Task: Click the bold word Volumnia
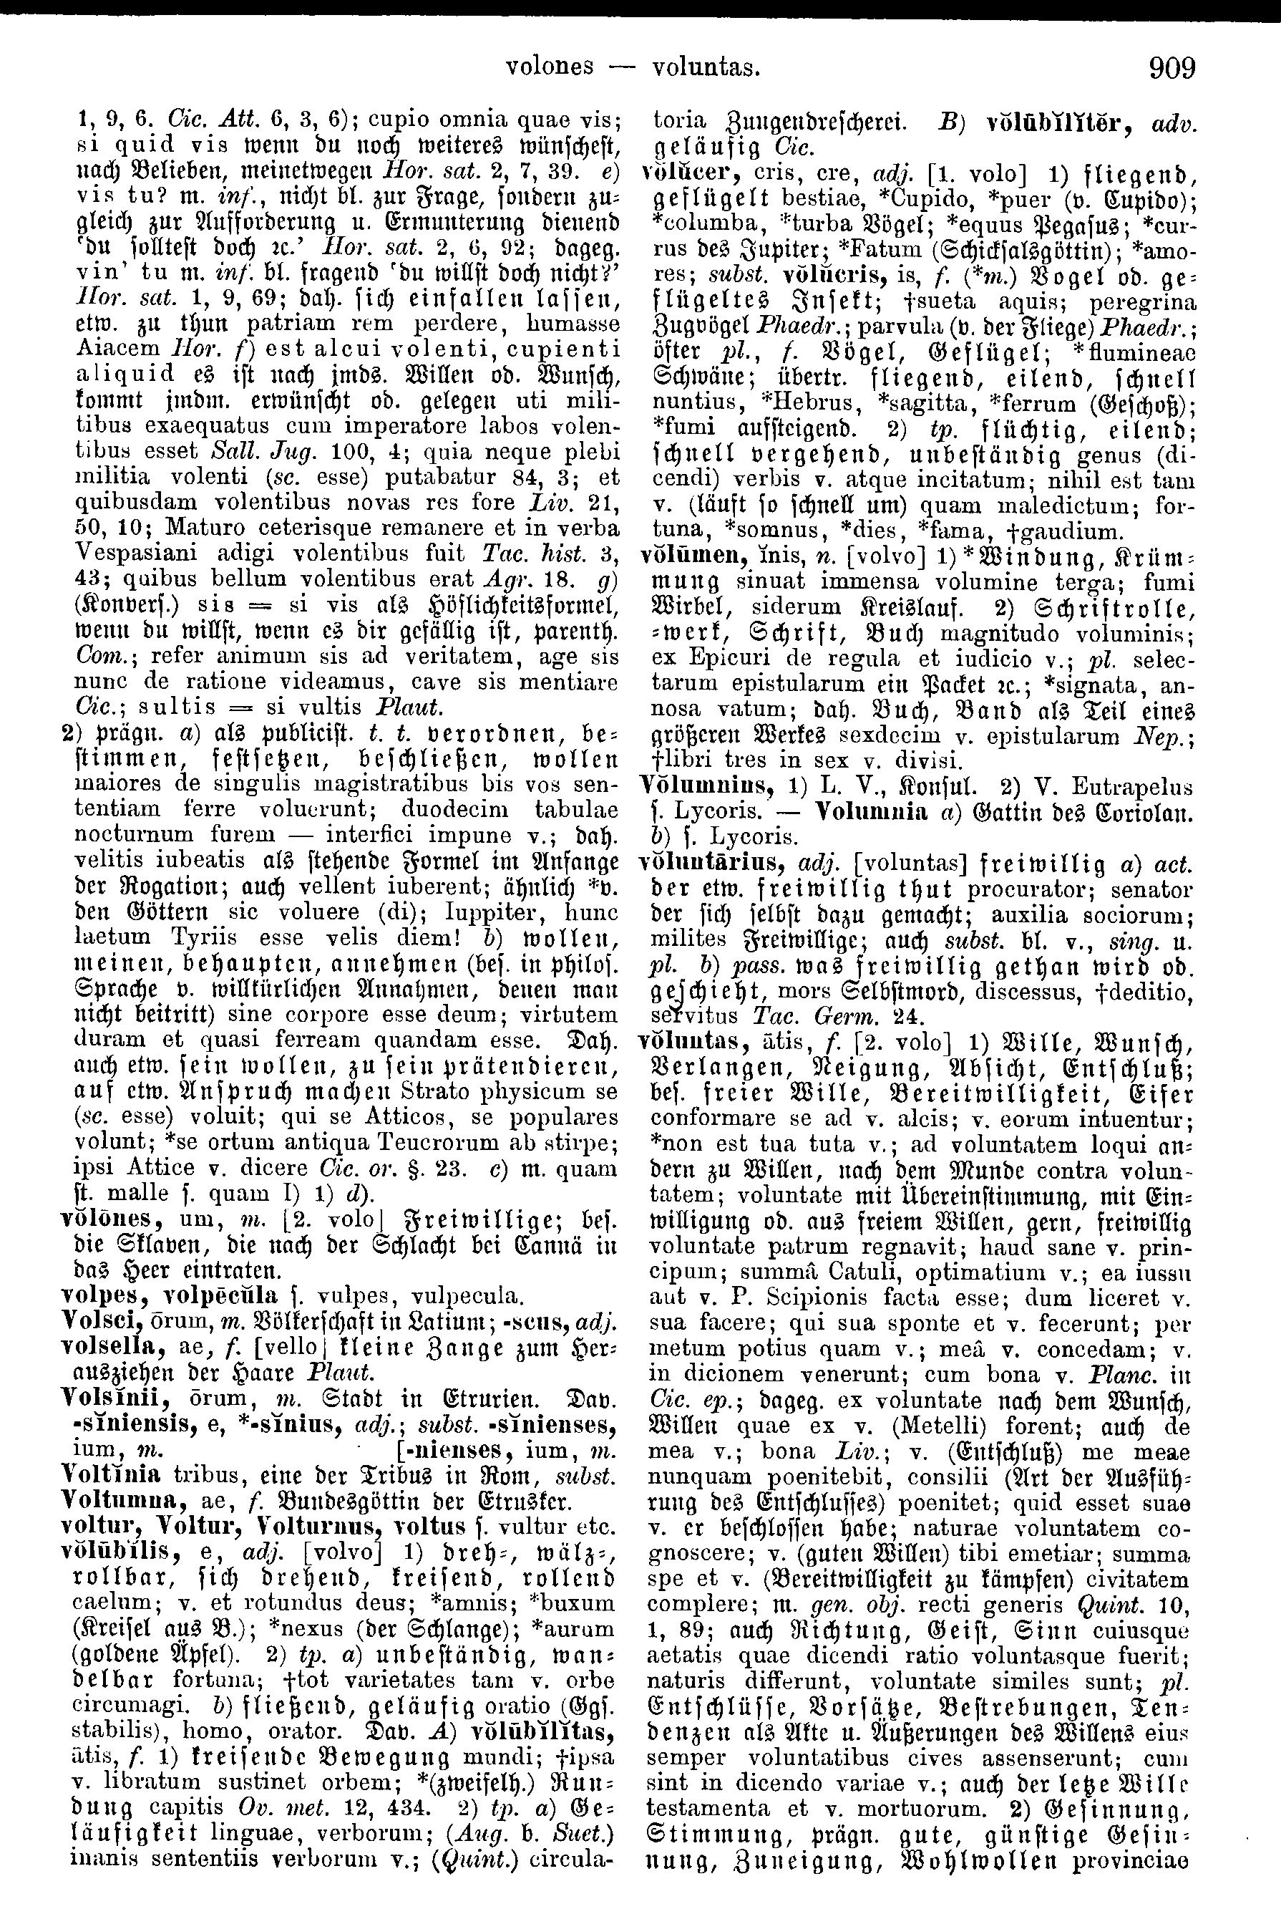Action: point(872,813)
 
